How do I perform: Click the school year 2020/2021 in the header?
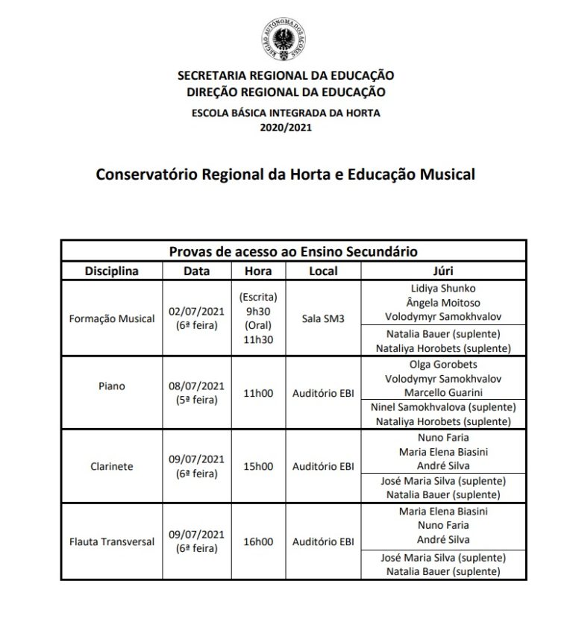click(286, 128)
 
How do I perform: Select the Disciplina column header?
click(112, 271)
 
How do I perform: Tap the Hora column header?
click(258, 271)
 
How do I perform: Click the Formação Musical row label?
click(112, 318)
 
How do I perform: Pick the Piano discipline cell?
click(112, 387)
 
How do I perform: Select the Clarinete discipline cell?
click(112, 466)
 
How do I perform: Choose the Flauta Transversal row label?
click(112, 541)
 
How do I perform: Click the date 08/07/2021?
click(196, 386)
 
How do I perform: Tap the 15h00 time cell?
click(258, 466)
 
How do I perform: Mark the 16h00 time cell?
click(258, 541)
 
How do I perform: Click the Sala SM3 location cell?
click(323, 318)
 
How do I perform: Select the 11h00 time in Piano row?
click(258, 392)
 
